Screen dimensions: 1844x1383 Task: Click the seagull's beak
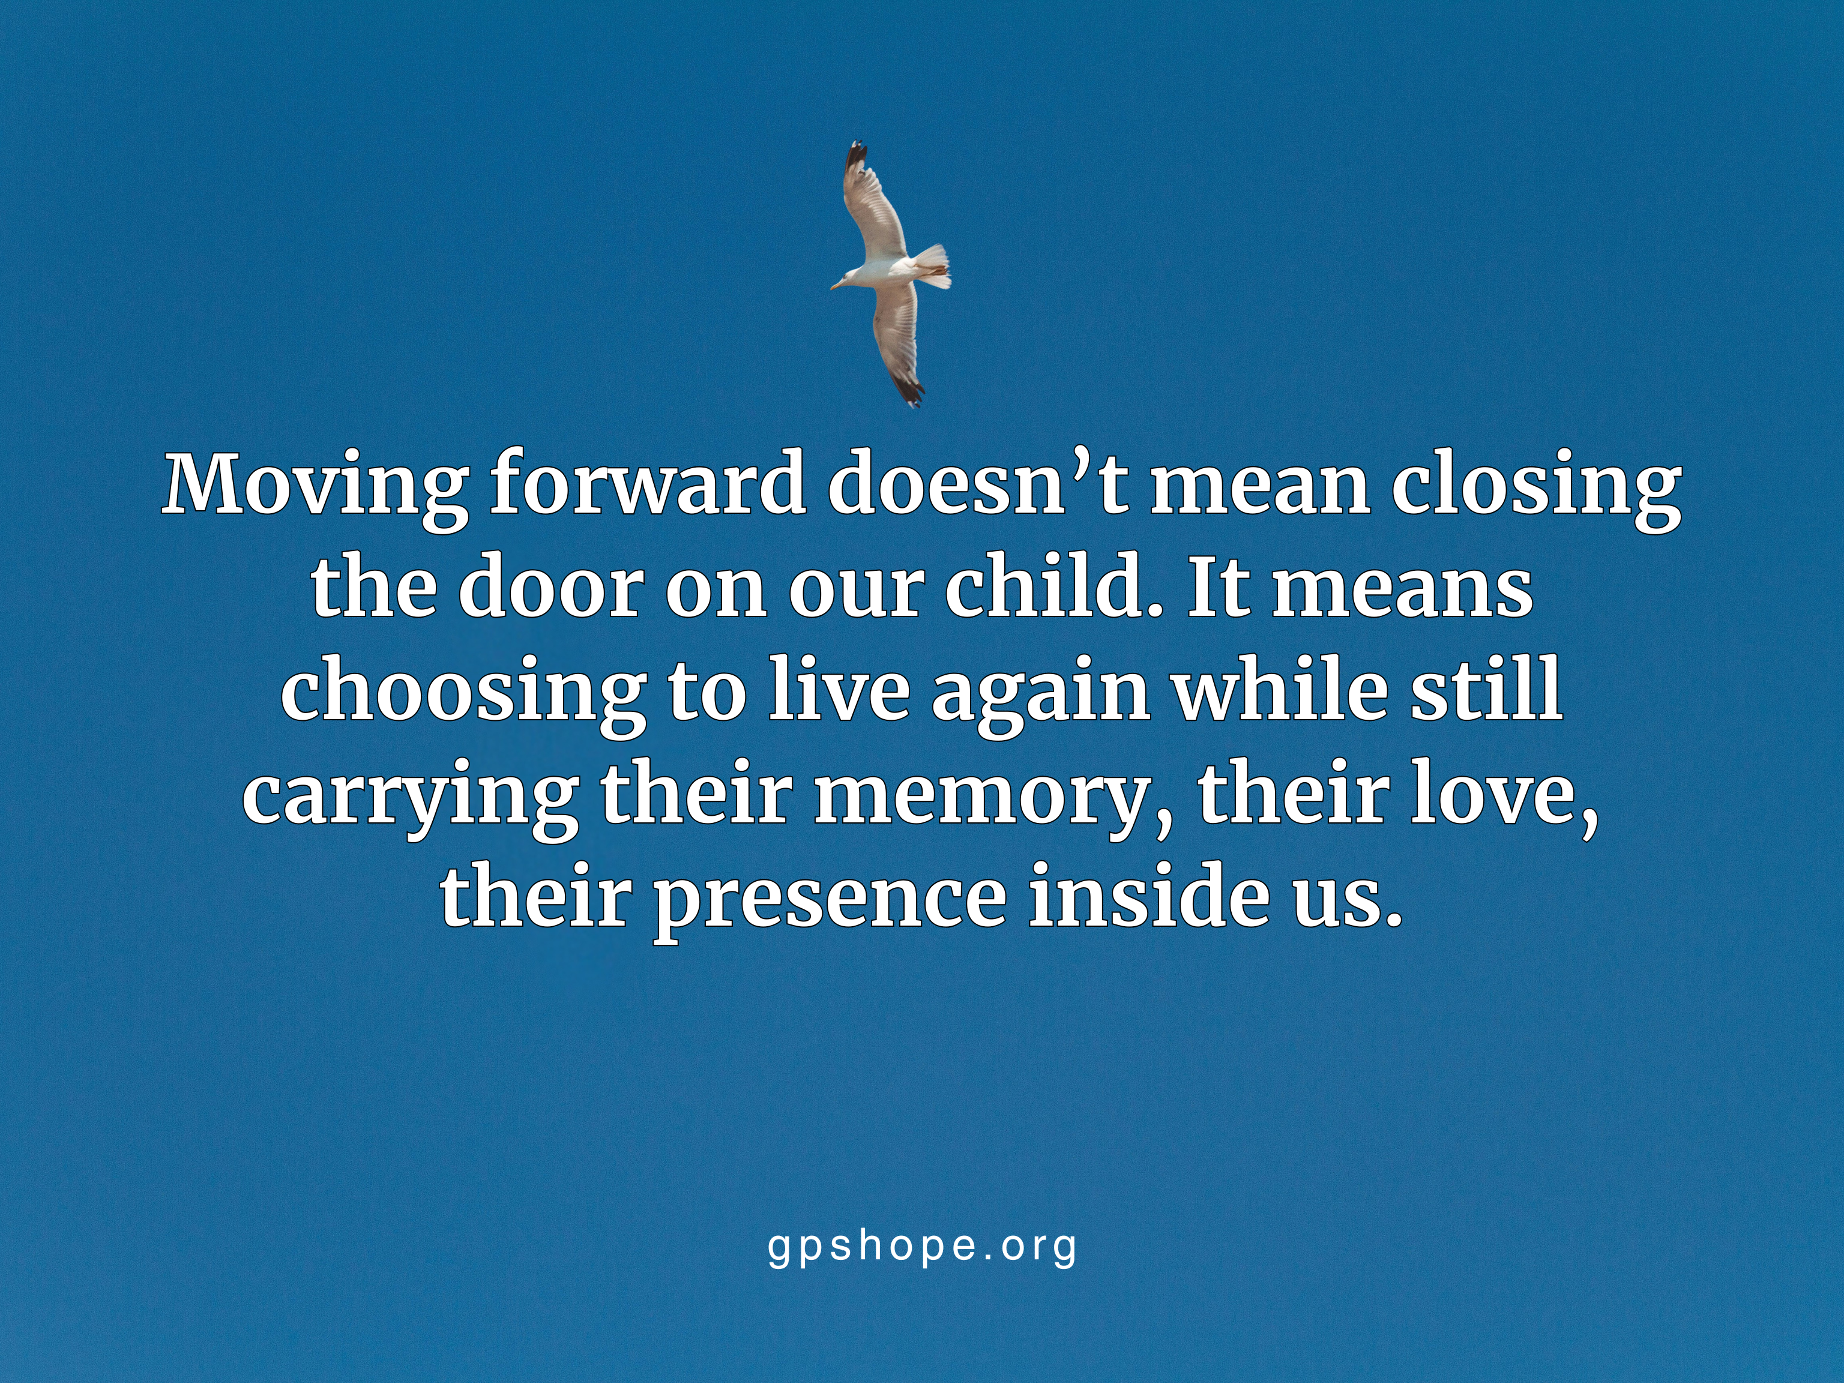tap(834, 287)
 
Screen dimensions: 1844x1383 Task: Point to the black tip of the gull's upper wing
tap(855, 158)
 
